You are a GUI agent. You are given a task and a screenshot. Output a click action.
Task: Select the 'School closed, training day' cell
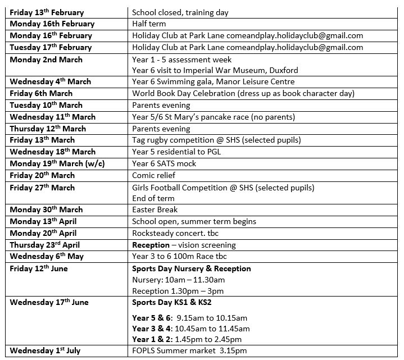pos(180,12)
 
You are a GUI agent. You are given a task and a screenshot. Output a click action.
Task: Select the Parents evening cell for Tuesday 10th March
pos(161,105)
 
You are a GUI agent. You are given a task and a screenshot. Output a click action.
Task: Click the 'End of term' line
pos(153,198)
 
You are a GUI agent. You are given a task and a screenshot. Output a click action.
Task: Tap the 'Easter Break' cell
pos(155,210)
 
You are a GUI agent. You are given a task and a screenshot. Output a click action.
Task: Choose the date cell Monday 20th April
pos(43,233)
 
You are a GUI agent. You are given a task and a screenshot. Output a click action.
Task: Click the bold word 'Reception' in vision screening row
pos(151,245)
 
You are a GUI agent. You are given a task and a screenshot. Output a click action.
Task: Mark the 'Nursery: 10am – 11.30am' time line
pos(178,280)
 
